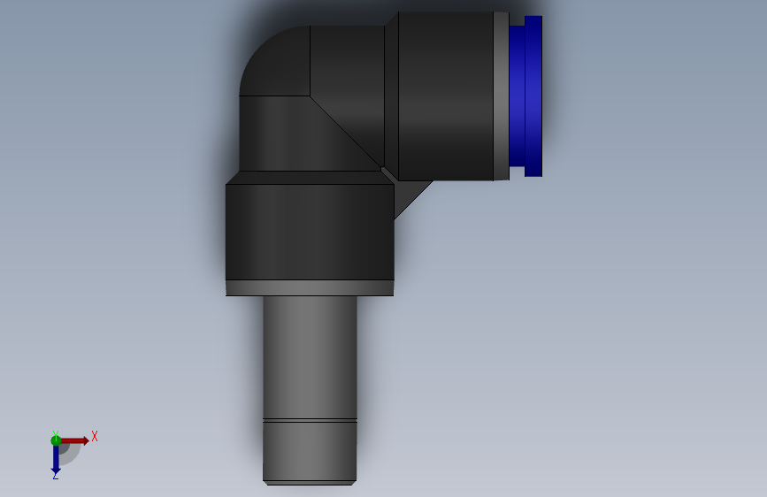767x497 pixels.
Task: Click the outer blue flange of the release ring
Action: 533,96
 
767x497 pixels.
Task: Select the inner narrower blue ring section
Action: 518,96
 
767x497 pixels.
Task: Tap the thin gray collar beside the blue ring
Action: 502,96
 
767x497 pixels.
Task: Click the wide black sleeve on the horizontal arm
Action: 445,96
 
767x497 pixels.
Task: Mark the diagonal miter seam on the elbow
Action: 345,133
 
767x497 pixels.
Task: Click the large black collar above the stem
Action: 309,232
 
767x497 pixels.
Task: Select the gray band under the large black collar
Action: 309,287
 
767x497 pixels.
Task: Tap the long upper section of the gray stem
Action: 310,354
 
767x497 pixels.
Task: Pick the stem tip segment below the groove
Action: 310,451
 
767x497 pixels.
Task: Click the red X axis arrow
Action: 76,440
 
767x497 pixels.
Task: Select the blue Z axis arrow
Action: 55,460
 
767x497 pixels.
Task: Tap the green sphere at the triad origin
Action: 56,440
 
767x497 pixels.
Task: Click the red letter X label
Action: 94,436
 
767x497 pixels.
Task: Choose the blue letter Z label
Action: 55,476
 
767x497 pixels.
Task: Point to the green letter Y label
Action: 55,433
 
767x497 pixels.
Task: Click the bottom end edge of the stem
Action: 309,483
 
